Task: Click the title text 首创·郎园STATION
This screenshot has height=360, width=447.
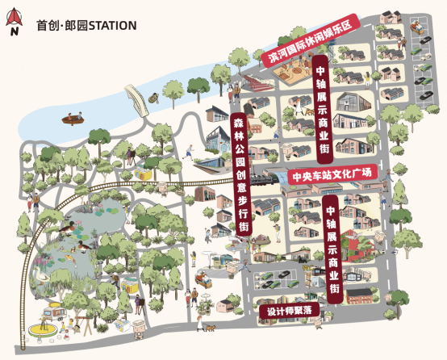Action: (x=86, y=26)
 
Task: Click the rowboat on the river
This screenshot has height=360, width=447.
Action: (x=75, y=118)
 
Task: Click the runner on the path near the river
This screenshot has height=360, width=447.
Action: (x=188, y=150)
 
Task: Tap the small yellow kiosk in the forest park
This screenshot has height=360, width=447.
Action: (x=143, y=174)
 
